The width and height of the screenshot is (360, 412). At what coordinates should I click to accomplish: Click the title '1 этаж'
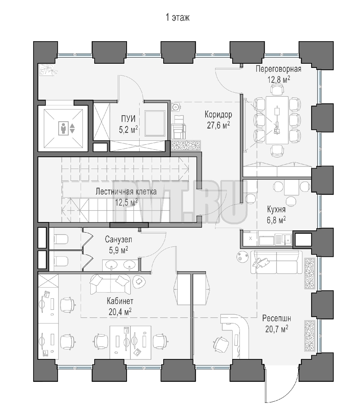(x=177, y=18)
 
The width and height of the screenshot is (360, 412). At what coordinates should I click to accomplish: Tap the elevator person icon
(x=63, y=128)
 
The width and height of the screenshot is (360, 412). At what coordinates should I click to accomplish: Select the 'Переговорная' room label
(x=278, y=69)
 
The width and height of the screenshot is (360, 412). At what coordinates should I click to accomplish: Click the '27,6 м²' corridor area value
(x=218, y=126)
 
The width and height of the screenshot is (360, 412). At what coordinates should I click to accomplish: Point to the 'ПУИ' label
(x=129, y=119)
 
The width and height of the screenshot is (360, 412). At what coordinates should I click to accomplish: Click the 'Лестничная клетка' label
(x=126, y=191)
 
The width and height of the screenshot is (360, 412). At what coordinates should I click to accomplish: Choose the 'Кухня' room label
(x=276, y=209)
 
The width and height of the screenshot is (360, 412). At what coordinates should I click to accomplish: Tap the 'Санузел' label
(x=119, y=239)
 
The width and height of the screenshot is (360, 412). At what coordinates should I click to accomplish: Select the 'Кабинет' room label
(x=120, y=301)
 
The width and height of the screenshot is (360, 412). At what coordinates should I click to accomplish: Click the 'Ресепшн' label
(x=276, y=319)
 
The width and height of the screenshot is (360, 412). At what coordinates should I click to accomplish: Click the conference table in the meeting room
(x=277, y=120)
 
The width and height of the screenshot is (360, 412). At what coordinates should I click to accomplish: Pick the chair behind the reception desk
(x=220, y=344)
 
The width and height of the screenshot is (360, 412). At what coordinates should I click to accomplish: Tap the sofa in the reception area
(x=276, y=262)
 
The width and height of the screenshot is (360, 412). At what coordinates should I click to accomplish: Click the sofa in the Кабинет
(x=110, y=284)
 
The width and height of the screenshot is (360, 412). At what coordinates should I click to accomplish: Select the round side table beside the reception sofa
(x=242, y=256)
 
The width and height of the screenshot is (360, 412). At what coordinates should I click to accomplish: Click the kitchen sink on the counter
(x=288, y=239)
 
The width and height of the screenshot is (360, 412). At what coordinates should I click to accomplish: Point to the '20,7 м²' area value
(x=276, y=329)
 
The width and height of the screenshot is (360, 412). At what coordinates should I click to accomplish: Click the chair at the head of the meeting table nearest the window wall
(x=277, y=90)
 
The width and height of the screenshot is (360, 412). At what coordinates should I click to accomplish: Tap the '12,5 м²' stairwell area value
(x=126, y=202)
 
